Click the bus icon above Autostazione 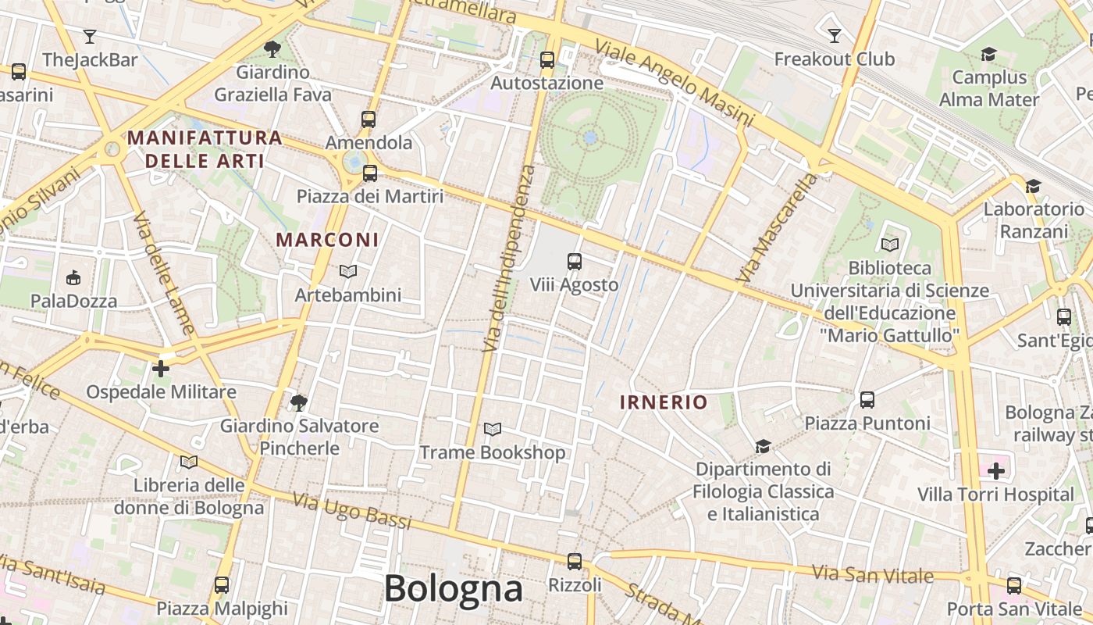click(547, 59)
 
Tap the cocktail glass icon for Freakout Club click(834, 35)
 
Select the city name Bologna click(453, 588)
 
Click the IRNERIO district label click(664, 402)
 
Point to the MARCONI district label click(328, 240)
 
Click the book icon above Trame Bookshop click(493, 429)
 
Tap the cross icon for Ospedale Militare click(161, 368)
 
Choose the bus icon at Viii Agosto click(575, 262)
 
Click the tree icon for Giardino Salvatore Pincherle click(298, 403)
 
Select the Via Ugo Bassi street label click(351, 511)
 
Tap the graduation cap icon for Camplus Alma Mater click(989, 54)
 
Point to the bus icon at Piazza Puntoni click(867, 400)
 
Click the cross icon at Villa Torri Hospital click(996, 470)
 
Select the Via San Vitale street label click(873, 574)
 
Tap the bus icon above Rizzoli click(575, 561)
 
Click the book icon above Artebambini click(348, 271)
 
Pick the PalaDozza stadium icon click(73, 277)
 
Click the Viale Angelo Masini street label click(675, 83)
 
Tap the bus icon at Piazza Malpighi click(222, 584)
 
